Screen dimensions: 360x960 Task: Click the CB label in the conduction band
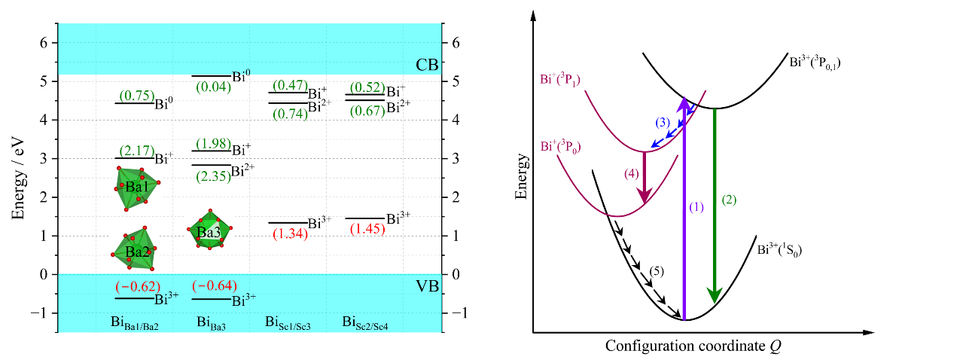coord(427,66)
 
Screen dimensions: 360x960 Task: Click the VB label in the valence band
coord(427,286)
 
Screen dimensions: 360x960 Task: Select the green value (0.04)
coord(212,87)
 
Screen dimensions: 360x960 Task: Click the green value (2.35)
coord(212,177)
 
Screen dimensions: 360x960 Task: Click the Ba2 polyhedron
coord(135,249)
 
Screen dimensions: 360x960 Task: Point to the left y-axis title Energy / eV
coord(18,178)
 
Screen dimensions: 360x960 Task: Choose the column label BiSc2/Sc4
coord(370,324)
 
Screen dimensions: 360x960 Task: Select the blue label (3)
coord(662,122)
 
